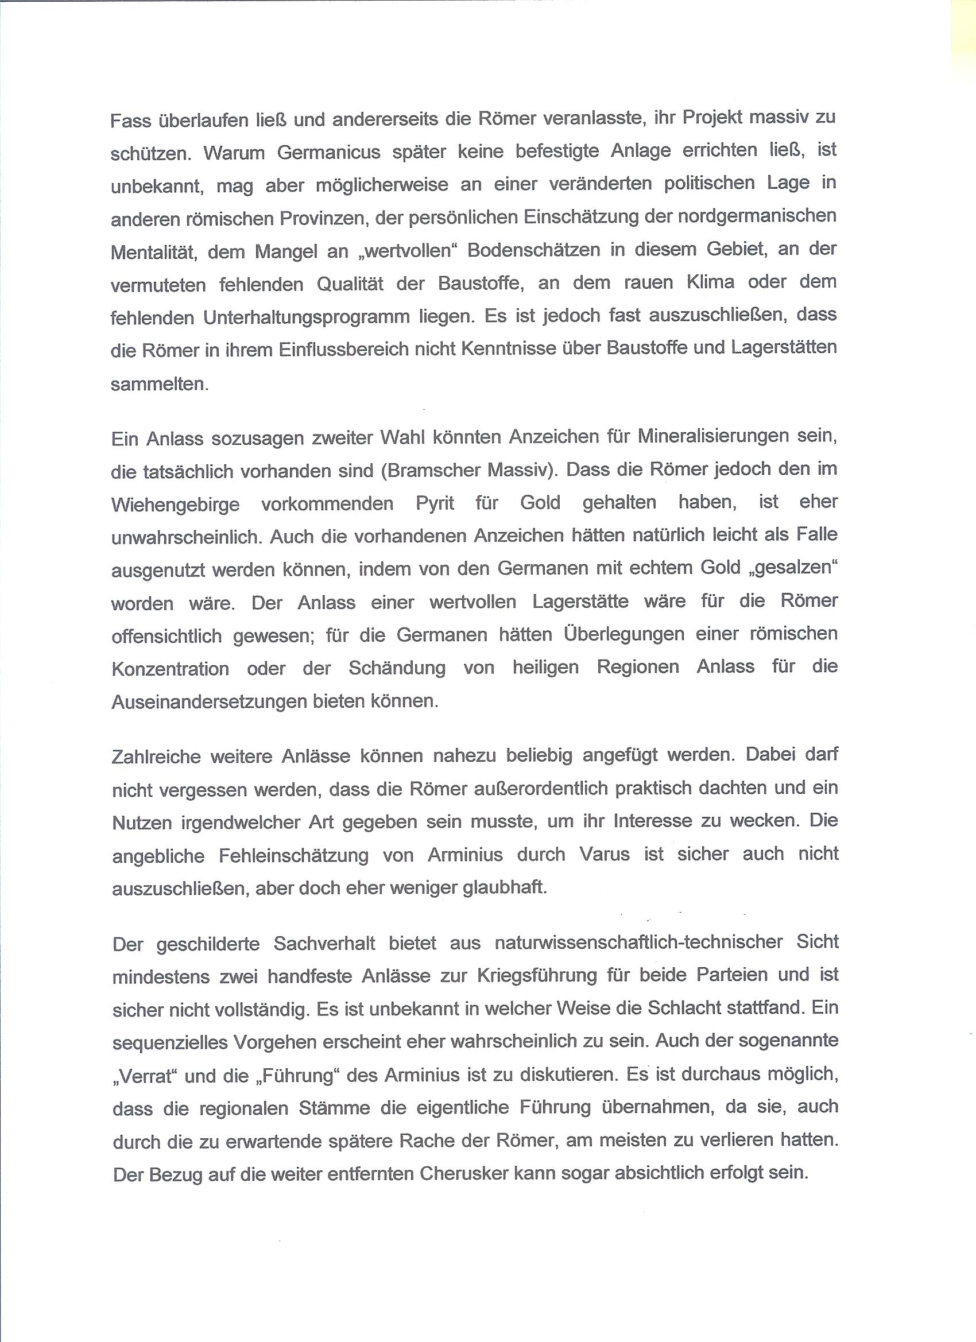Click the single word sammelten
tap(159, 384)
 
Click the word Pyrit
tap(435, 503)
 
